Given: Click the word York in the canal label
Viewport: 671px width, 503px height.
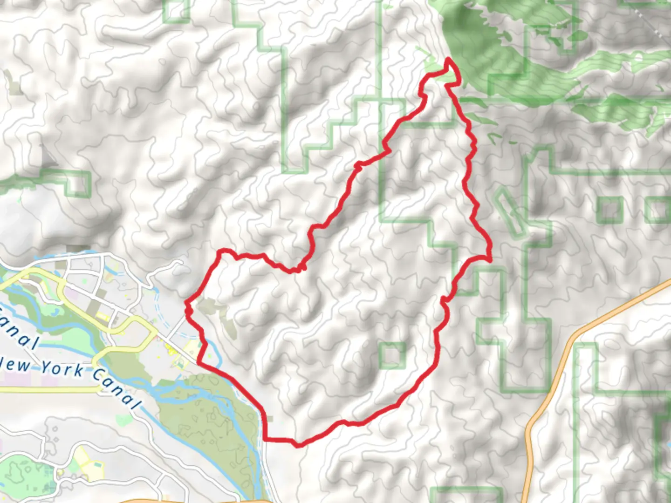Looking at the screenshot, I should click(62, 369).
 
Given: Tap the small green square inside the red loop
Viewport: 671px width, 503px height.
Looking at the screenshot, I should click(392, 355).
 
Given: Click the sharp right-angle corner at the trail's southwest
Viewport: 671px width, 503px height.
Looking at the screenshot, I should click(266, 439).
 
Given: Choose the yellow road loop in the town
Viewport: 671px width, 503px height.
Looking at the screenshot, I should click(126, 326).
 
